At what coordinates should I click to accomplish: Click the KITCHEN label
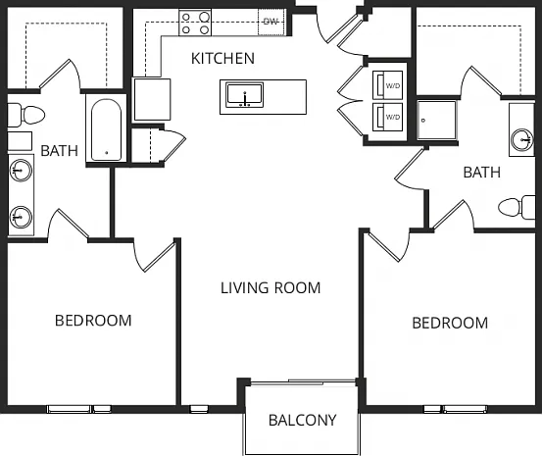coord(222,59)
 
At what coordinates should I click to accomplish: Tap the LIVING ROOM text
coord(271,288)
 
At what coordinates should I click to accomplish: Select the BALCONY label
coord(303,420)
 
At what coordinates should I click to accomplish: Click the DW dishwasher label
coord(271,22)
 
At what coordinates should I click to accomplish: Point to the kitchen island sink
coord(245,95)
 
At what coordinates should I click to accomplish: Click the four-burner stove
coord(195,23)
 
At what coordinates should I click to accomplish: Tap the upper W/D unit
coord(387,84)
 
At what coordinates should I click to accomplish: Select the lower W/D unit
coord(387,117)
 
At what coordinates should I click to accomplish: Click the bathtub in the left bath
coord(107,130)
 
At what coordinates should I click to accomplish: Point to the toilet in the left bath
coord(26,115)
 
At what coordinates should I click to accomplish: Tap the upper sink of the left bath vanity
coord(21,170)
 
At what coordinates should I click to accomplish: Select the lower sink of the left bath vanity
coord(21,217)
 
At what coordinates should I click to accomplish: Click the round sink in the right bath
coord(522,140)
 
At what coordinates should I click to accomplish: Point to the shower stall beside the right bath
coord(437,120)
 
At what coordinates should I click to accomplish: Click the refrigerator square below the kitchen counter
coord(152,99)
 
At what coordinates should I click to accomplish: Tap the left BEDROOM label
coord(93,321)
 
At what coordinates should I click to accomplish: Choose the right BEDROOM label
coord(450,323)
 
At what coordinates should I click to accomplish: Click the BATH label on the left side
coord(59,151)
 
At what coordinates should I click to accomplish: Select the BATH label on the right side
coord(482,173)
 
